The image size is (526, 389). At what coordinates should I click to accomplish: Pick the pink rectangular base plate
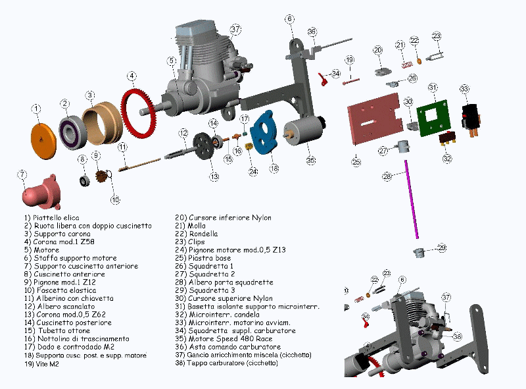[375, 118]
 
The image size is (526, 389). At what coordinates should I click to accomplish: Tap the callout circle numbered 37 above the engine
[235, 30]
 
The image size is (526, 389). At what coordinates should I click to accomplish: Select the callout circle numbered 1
[36, 108]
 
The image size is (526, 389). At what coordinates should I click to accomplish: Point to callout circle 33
[464, 89]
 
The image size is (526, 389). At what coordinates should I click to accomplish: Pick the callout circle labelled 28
[387, 176]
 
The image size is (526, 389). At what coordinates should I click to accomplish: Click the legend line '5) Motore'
[41, 250]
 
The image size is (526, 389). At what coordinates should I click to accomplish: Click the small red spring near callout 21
[407, 64]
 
